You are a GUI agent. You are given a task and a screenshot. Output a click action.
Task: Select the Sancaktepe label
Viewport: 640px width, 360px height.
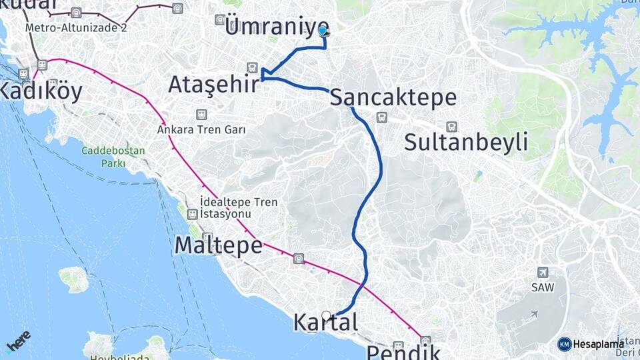(x=393, y=97)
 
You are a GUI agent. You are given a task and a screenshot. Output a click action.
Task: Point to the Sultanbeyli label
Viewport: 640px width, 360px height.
(x=466, y=142)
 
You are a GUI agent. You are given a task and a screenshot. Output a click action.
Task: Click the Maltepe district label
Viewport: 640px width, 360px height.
(x=218, y=245)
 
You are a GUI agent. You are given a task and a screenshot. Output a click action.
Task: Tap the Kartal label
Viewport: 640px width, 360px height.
(x=325, y=323)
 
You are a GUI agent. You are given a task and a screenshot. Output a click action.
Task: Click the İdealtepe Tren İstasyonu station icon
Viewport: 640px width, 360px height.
(x=193, y=214)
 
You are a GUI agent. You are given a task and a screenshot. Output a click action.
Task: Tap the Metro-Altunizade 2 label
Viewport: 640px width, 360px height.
(x=75, y=28)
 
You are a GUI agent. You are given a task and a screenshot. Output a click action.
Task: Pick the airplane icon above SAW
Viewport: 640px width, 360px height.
(x=543, y=272)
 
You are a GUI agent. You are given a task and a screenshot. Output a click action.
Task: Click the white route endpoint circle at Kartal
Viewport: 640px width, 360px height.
(x=326, y=315)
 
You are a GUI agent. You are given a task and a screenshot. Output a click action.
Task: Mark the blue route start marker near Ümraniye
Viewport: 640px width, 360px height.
(x=323, y=31)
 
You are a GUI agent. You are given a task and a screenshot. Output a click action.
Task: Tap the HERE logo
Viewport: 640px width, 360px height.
(x=17, y=342)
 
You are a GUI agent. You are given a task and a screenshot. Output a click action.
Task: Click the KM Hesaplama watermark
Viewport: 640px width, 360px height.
(x=593, y=343)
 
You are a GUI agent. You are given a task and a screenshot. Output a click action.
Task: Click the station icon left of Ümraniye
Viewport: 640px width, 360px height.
(x=220, y=20)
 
